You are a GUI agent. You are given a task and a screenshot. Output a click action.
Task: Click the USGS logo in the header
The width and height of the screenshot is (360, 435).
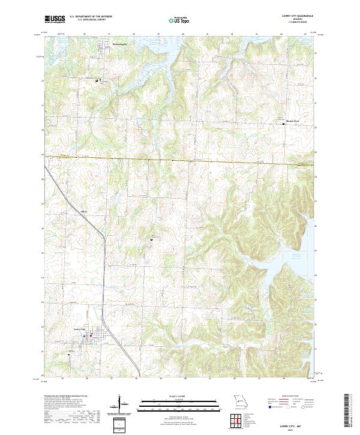(54, 19)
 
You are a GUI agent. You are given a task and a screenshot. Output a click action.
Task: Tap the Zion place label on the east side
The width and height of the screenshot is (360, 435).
(292, 122)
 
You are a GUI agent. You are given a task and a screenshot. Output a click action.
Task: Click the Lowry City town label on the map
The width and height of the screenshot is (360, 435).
(81, 329)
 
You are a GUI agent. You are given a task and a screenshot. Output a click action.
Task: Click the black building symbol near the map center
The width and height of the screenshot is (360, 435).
(151, 240)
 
